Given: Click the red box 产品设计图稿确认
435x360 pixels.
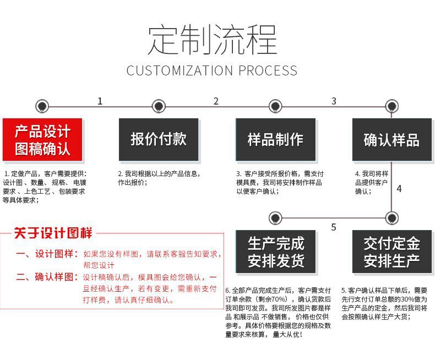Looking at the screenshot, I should [42, 140].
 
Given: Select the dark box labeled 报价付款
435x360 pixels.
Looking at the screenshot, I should [159, 139].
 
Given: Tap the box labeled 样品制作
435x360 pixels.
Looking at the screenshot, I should [275, 139].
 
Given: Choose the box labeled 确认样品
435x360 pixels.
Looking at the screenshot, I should [392, 140].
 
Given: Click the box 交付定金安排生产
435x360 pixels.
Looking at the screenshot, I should [392, 252].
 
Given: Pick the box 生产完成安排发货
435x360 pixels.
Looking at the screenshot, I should [275, 252].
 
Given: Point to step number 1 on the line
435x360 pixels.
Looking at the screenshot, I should [100, 101].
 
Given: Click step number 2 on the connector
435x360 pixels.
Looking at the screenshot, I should [216, 101].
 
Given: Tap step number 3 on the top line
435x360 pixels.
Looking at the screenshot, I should [334, 101].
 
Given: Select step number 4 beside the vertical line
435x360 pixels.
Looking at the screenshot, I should [399, 189].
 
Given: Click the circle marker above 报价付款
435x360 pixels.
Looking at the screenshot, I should [159, 106].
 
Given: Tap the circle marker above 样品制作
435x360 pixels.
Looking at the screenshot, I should [275, 106].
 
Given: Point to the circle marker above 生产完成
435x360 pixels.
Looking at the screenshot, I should [275, 217].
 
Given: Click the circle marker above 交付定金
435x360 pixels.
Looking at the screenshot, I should [392, 217].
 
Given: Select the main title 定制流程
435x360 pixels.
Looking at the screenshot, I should [212, 40].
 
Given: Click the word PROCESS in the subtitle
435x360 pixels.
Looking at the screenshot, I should [268, 70].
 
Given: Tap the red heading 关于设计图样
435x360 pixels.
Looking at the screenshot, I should [53, 233].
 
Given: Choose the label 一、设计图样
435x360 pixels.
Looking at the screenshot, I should [47, 254].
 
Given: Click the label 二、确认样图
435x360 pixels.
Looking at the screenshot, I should [47, 277].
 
